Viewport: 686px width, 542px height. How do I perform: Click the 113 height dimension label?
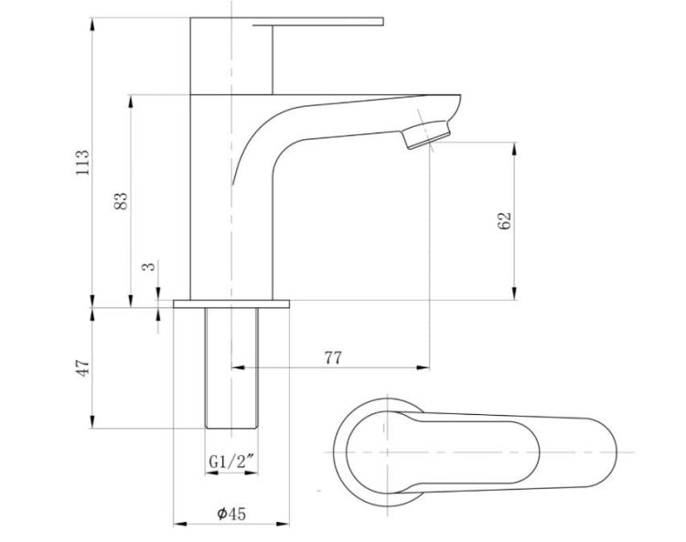(82, 163)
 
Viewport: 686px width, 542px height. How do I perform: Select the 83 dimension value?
(121, 201)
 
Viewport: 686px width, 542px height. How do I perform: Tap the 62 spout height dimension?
(504, 221)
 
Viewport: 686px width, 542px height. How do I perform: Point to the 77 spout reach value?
(333, 358)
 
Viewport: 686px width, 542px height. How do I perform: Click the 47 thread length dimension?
(82, 368)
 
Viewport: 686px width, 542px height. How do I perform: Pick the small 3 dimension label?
(149, 266)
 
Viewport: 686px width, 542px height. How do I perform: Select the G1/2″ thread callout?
(231, 462)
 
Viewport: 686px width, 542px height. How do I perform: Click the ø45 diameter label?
(231, 514)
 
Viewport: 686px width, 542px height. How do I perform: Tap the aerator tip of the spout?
(427, 134)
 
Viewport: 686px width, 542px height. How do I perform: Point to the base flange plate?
(231, 303)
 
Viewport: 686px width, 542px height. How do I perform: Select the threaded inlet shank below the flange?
(231, 368)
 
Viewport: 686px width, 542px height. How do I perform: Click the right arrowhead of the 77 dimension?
(423, 367)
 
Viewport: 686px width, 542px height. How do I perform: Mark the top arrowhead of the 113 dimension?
(91, 24)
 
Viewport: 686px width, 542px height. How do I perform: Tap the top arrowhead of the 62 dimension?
(514, 148)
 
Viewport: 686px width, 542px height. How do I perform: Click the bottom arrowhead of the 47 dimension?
(91, 422)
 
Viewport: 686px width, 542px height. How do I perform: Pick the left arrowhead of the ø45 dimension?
(180, 523)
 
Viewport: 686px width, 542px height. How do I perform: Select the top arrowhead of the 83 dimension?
(131, 101)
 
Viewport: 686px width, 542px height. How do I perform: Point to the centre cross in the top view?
(387, 452)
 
